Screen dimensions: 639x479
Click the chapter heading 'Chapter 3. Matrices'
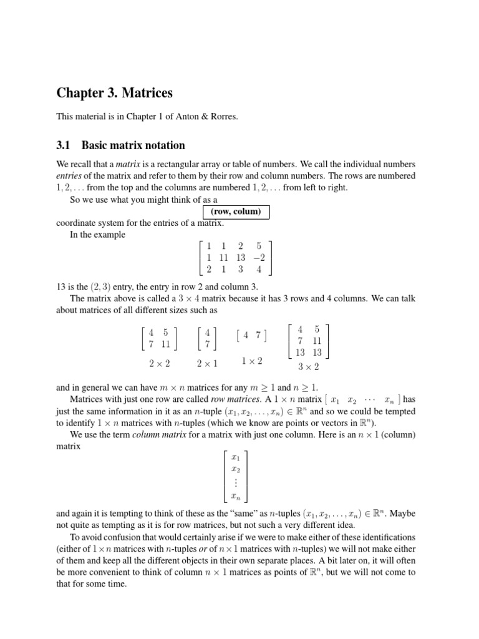pos(114,94)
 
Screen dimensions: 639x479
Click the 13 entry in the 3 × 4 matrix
pos(241,258)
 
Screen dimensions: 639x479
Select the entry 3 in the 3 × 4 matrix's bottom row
pos(241,270)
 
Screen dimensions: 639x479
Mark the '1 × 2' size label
pos(251,361)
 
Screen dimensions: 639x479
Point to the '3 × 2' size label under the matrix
pos(308,367)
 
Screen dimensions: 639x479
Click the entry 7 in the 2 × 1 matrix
pos(207,344)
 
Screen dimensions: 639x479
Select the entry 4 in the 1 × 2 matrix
pos(246,336)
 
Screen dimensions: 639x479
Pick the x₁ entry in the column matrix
pos(235,457)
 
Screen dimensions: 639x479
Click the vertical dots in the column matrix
pos(235,483)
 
